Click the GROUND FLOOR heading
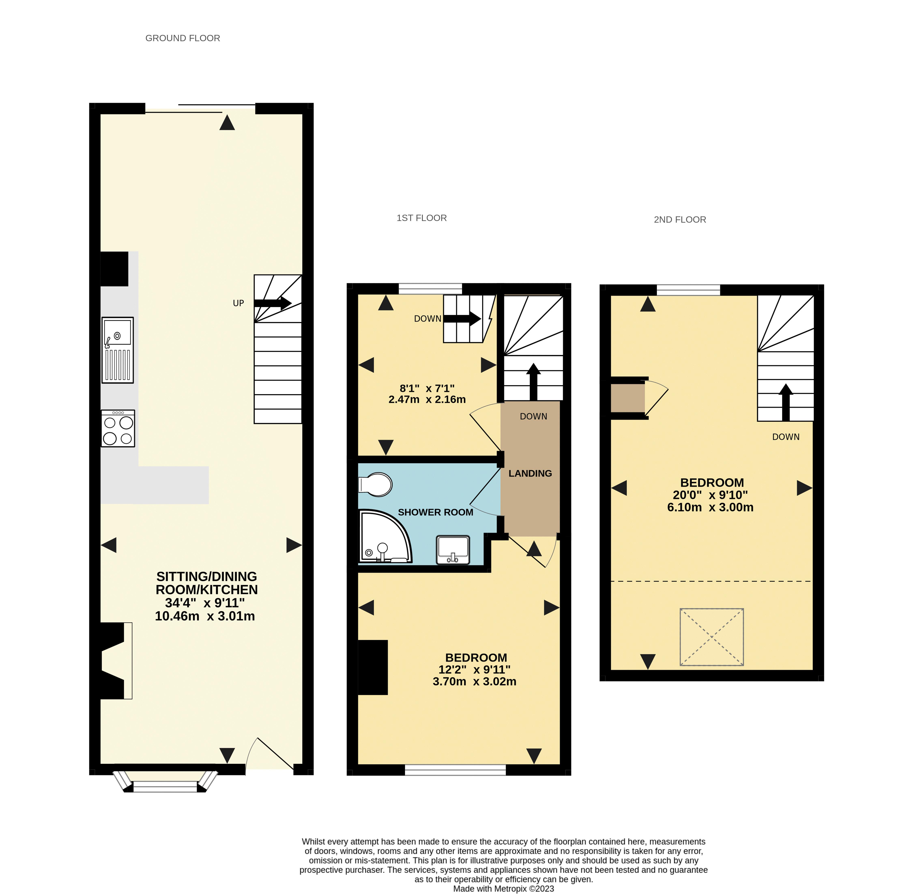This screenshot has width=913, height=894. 183,38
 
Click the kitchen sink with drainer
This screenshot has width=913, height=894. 117,350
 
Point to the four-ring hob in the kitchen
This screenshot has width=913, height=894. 118,428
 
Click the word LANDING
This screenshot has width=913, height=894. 530,473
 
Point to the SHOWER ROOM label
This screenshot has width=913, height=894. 435,512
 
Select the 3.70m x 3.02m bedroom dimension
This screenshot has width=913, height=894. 474,681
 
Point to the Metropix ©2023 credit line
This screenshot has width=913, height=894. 503,888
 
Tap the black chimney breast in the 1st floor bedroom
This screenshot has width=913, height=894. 373,667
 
